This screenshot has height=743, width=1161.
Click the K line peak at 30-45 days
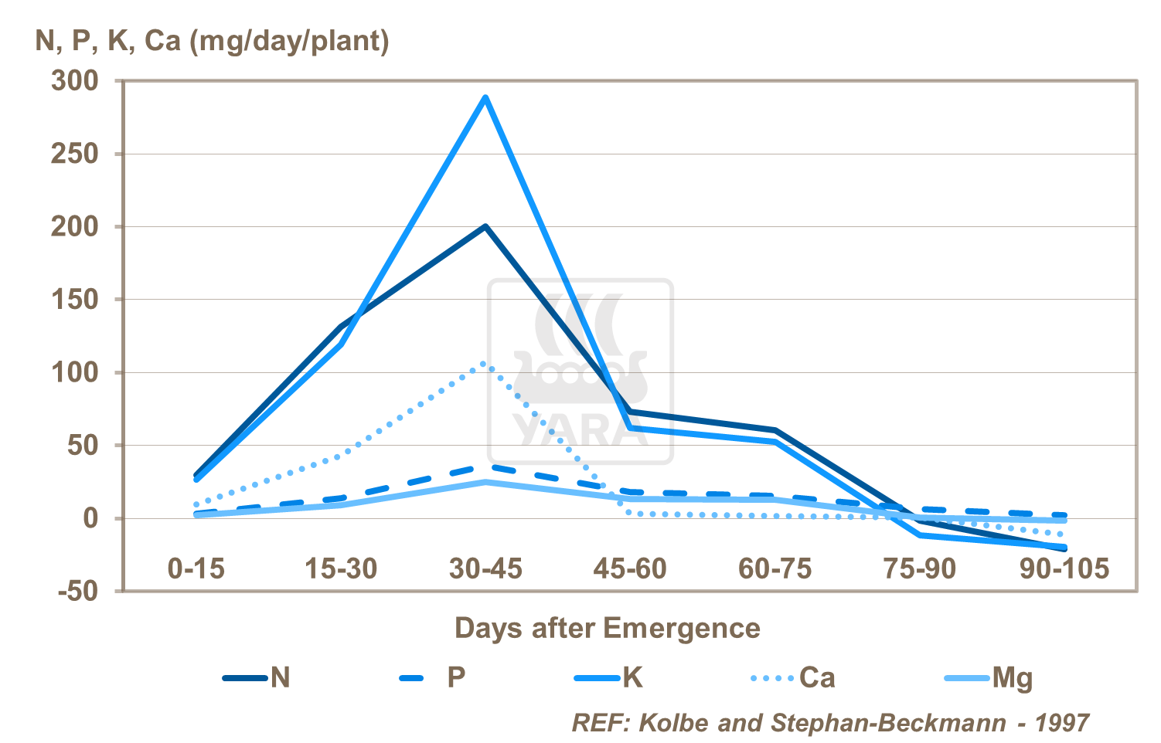tap(485, 97)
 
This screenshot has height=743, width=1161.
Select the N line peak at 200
tap(485, 226)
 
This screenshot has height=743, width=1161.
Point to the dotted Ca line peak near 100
tap(485, 363)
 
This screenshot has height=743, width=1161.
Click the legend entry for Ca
tap(794, 678)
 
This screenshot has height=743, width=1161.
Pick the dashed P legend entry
tap(433, 678)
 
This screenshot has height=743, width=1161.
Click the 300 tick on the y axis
tap(75, 80)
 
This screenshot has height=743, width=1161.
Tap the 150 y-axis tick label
tap(75, 300)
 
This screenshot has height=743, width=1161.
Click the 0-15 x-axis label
tap(196, 569)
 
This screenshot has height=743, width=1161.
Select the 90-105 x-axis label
tap(1064, 569)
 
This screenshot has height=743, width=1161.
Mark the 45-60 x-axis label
tap(630, 569)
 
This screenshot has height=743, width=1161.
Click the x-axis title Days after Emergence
tap(607, 628)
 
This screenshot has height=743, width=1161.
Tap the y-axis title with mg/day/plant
tap(213, 40)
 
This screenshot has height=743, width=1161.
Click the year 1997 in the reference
tap(1061, 723)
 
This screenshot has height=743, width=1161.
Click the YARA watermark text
tap(580, 431)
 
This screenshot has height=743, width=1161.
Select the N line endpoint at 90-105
tap(1065, 548)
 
